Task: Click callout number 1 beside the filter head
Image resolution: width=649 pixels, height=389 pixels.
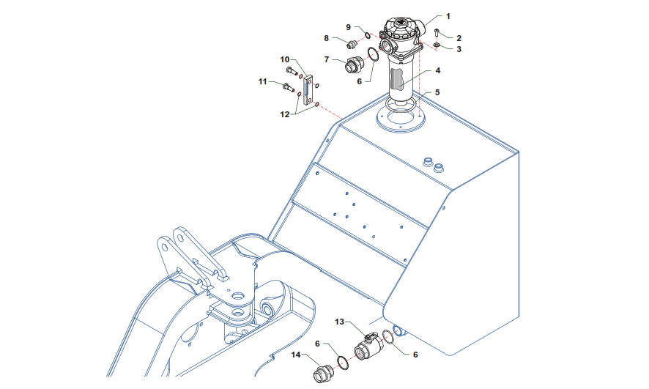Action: pos(448,17)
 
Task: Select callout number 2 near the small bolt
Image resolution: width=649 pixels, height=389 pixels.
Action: pos(459,38)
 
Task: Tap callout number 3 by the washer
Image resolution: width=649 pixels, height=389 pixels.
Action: pos(459,49)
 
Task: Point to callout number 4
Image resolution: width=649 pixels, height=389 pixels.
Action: pos(438,70)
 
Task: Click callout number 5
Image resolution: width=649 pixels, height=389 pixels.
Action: pos(437,92)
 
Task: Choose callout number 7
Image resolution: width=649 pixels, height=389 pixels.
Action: pos(327,59)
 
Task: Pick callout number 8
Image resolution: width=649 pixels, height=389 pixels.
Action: pos(326,38)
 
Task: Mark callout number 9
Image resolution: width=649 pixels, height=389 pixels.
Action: pos(348,27)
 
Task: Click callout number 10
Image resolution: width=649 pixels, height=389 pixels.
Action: pos(285,59)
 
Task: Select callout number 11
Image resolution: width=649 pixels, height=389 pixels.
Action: pos(263,81)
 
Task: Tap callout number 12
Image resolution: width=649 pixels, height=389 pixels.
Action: pos(285,114)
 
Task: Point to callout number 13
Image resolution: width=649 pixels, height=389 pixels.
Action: pos(339,322)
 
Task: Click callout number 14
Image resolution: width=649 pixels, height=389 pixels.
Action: pos(295,355)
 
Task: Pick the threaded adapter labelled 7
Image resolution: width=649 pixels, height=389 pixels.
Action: pos(354,65)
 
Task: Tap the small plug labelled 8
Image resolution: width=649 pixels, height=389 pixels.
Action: pos(352,43)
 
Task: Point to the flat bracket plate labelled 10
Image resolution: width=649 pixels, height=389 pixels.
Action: pos(307,89)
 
